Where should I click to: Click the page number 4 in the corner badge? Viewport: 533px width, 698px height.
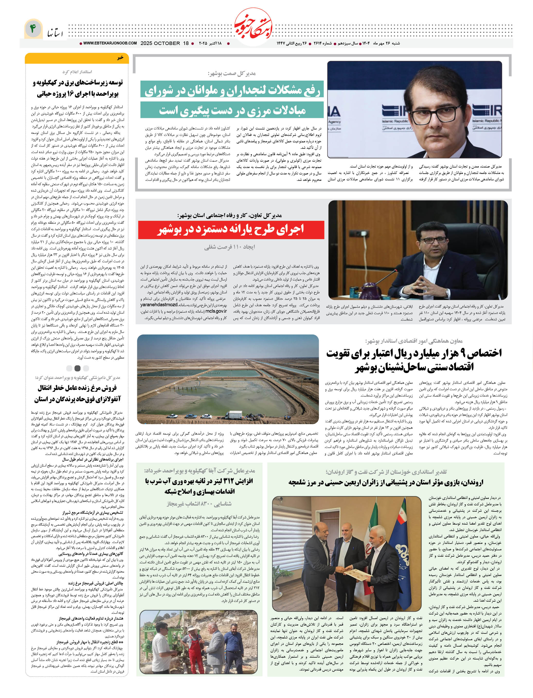tap(33, 29)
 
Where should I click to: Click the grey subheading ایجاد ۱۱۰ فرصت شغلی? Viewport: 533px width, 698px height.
tap(229, 247)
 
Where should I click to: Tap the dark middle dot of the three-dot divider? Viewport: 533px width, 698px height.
tap(77, 368)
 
